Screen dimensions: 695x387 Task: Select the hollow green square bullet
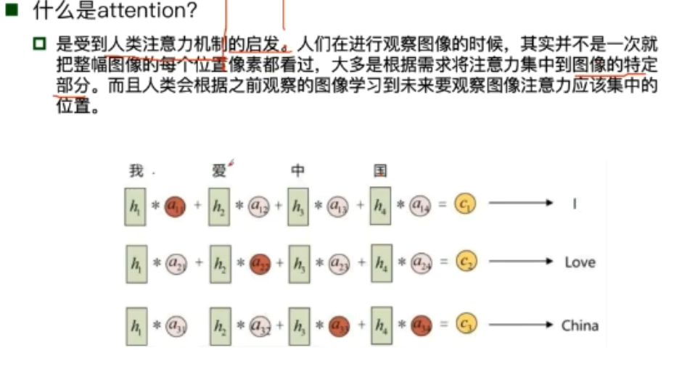(x=39, y=46)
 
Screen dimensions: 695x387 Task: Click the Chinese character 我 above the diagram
(x=136, y=171)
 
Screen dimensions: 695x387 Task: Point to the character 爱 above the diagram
(x=219, y=171)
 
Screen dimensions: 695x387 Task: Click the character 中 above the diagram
(x=297, y=171)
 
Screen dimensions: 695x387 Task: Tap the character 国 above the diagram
(x=380, y=171)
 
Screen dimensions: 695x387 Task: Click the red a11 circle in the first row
(x=175, y=206)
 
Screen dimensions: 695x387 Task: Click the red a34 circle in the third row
(x=421, y=326)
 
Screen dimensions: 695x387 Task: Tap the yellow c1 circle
(x=466, y=204)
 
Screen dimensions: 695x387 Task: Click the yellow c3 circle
(x=466, y=325)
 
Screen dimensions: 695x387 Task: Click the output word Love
(x=580, y=262)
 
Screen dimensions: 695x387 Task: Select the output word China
(x=580, y=325)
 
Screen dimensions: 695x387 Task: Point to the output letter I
(x=574, y=204)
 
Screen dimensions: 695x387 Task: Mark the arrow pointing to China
(x=520, y=325)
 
